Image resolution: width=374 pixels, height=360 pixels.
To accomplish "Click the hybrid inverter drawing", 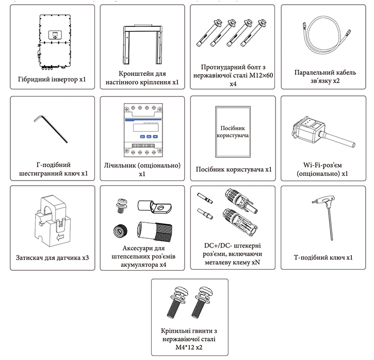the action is point(55,42).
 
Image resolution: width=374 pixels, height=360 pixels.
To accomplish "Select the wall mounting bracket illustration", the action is point(142,44).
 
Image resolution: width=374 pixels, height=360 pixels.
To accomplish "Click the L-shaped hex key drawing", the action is point(51,129).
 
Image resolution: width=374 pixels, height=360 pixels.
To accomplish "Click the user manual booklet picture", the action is point(233,132).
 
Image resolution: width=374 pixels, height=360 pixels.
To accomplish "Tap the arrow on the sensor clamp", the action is point(60,237).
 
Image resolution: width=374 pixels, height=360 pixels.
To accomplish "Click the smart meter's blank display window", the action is point(146,128).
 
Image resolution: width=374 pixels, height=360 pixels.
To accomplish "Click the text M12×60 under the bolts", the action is point(261,76).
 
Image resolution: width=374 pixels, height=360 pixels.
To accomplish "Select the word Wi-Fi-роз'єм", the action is point(322,165).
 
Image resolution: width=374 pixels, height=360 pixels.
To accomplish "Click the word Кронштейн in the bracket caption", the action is point(133,74).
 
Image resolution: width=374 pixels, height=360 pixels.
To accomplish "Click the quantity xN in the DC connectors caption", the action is point(255,263).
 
